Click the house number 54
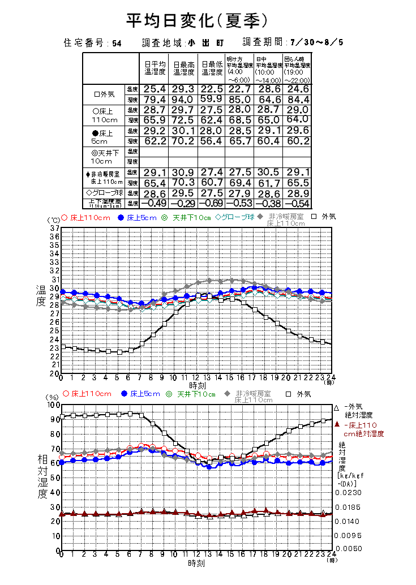click(117, 43)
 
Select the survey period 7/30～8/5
click(316, 42)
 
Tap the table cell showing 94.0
click(183, 100)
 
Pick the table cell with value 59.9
click(212, 100)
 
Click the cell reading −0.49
click(154, 203)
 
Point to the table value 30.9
click(183, 172)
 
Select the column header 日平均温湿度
click(155, 68)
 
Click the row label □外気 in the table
click(104, 94)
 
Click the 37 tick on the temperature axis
click(55, 228)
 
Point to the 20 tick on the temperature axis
click(55, 373)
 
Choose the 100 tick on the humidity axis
click(53, 405)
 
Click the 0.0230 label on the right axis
click(348, 492)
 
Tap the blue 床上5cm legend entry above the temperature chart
click(137, 218)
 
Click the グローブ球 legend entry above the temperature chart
click(234, 218)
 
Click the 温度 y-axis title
click(41, 295)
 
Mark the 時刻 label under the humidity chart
click(196, 564)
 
